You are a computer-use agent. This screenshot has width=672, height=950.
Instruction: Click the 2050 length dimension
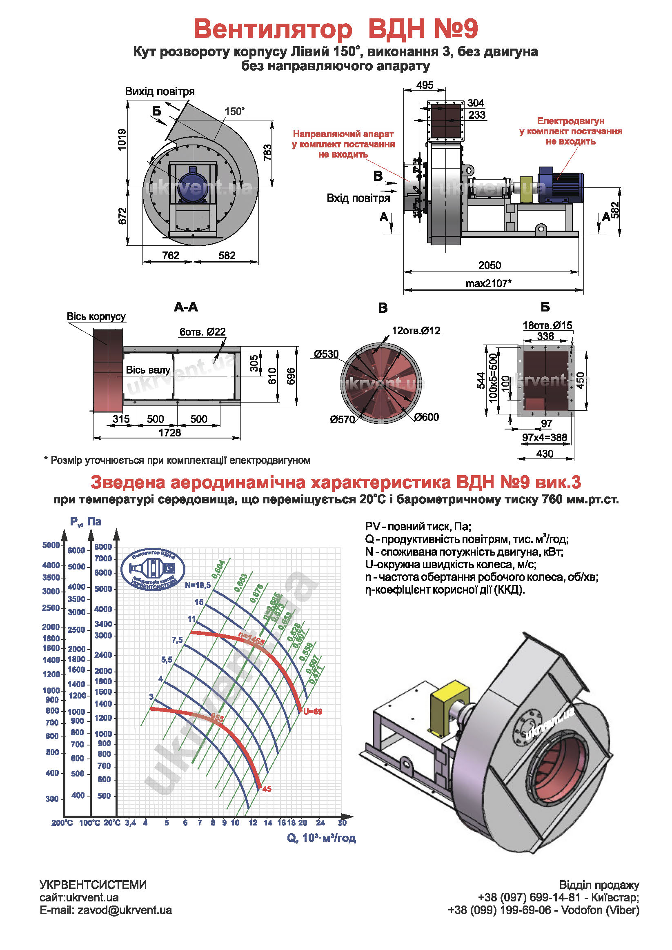tap(490, 265)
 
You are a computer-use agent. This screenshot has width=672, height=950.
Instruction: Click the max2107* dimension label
tap(489, 283)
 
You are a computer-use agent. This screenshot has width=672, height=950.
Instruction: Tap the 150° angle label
tap(235, 111)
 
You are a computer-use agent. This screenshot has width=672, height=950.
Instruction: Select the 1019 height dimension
tap(122, 140)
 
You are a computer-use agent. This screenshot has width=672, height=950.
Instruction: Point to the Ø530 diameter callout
tap(326, 354)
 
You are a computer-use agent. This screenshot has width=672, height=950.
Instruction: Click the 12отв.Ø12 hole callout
tap(416, 331)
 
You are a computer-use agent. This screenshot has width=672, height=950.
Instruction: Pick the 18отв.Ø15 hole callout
tap(547, 325)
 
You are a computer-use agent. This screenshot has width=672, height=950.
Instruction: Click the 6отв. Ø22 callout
tap(202, 332)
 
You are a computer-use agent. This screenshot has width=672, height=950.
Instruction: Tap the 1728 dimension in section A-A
tap(170, 433)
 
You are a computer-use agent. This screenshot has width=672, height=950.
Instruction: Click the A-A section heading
tap(186, 307)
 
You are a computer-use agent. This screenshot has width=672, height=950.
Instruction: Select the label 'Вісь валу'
tap(148, 370)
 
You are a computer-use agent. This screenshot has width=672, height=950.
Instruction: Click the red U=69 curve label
tap(312, 712)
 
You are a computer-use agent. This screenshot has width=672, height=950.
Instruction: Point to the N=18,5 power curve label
tap(198, 585)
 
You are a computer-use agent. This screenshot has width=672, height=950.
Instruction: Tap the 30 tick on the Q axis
tap(342, 823)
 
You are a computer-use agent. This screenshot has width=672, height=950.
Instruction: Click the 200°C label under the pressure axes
tap(62, 823)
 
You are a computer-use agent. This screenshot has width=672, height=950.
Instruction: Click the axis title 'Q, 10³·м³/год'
tap(321, 838)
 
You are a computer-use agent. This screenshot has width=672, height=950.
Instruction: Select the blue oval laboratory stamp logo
tap(153, 570)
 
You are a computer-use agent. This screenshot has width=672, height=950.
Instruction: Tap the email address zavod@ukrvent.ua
tap(125, 910)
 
